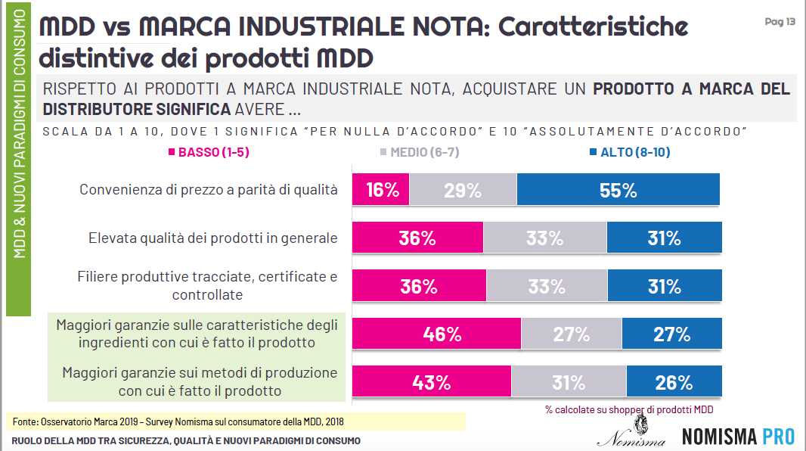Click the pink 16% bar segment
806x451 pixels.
(x=381, y=190)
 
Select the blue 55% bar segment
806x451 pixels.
(x=618, y=190)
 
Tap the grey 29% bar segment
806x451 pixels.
(x=463, y=190)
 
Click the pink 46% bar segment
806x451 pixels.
(x=436, y=334)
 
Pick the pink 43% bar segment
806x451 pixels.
(x=432, y=382)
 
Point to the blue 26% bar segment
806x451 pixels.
(x=674, y=382)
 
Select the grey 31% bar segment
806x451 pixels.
(x=569, y=382)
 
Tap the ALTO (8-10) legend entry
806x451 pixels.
(x=629, y=152)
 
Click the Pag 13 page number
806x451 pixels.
(x=780, y=22)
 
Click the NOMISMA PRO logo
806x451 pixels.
(x=738, y=437)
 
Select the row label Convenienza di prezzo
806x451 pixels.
(x=209, y=189)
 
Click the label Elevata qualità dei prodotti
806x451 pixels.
(x=213, y=238)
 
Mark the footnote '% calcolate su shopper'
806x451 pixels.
(x=629, y=409)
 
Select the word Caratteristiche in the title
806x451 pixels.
(x=594, y=27)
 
